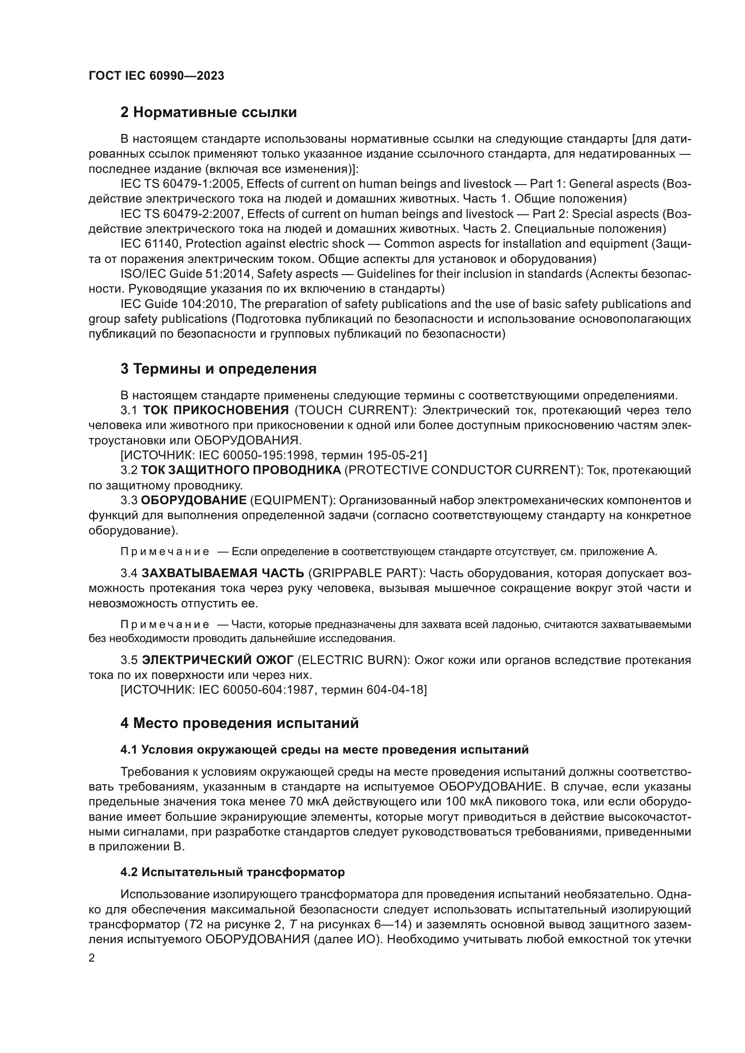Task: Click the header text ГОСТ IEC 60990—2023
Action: coord(156,76)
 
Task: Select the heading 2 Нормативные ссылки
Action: coord(208,113)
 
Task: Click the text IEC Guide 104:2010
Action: coord(177,303)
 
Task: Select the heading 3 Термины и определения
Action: coord(218,369)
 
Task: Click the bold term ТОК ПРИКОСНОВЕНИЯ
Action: coord(216,410)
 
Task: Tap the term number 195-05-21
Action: coord(395,455)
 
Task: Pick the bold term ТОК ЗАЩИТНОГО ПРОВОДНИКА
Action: coord(241,470)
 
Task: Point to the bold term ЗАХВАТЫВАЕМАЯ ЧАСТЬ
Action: coord(223,573)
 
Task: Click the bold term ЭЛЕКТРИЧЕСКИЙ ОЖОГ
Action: coord(218,660)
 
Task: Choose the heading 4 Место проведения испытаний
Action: coord(240,723)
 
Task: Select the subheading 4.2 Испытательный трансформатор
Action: coord(232,872)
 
